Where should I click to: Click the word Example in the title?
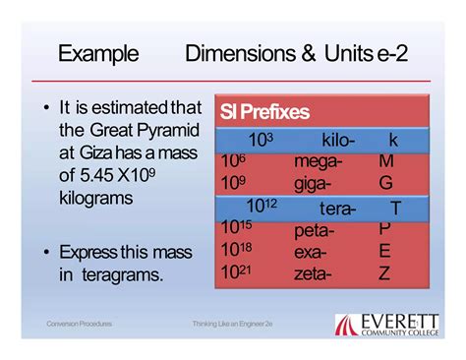tap(97, 55)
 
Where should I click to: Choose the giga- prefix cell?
tap(312, 182)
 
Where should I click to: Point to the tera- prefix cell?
tap(337, 208)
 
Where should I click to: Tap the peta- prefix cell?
tap(314, 230)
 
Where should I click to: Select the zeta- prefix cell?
tap(313, 271)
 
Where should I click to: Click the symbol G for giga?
tap(385, 182)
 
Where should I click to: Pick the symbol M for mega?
tap(386, 160)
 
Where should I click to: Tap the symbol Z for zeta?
tap(384, 271)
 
